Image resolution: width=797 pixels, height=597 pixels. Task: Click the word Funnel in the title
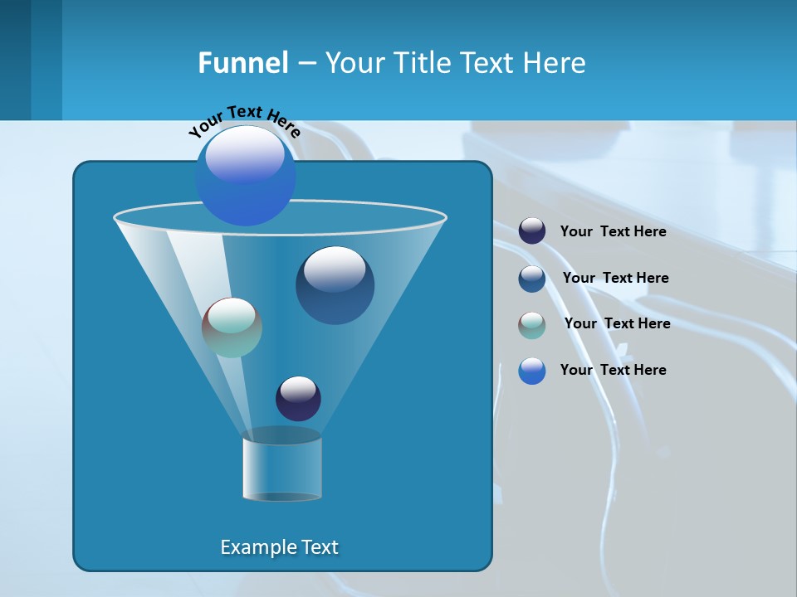pyautogui.click(x=242, y=63)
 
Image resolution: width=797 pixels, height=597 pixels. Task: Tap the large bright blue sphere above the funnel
pyautogui.click(x=245, y=175)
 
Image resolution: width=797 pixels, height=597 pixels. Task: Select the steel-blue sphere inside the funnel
pyautogui.click(x=335, y=285)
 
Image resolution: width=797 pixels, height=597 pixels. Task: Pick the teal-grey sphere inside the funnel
pyautogui.click(x=232, y=328)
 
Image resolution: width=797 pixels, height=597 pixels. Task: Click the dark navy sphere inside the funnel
pyautogui.click(x=298, y=398)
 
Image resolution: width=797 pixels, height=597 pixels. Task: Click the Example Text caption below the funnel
pyautogui.click(x=279, y=547)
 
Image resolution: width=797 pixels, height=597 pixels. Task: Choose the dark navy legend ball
pyautogui.click(x=532, y=231)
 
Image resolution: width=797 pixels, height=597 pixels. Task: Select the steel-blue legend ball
pyautogui.click(x=532, y=279)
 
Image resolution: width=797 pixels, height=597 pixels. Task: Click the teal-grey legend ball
pyautogui.click(x=532, y=325)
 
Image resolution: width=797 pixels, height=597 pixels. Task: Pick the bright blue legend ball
pyautogui.click(x=532, y=371)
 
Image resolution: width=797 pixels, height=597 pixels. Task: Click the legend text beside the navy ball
pyautogui.click(x=613, y=232)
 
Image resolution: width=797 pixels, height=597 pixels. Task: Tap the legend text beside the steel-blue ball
pyautogui.click(x=615, y=278)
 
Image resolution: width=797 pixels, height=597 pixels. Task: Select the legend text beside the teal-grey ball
pyautogui.click(x=617, y=323)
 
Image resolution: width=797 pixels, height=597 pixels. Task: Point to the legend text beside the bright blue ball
pyautogui.click(x=613, y=370)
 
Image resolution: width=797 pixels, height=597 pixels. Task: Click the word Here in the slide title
pyautogui.click(x=557, y=63)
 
